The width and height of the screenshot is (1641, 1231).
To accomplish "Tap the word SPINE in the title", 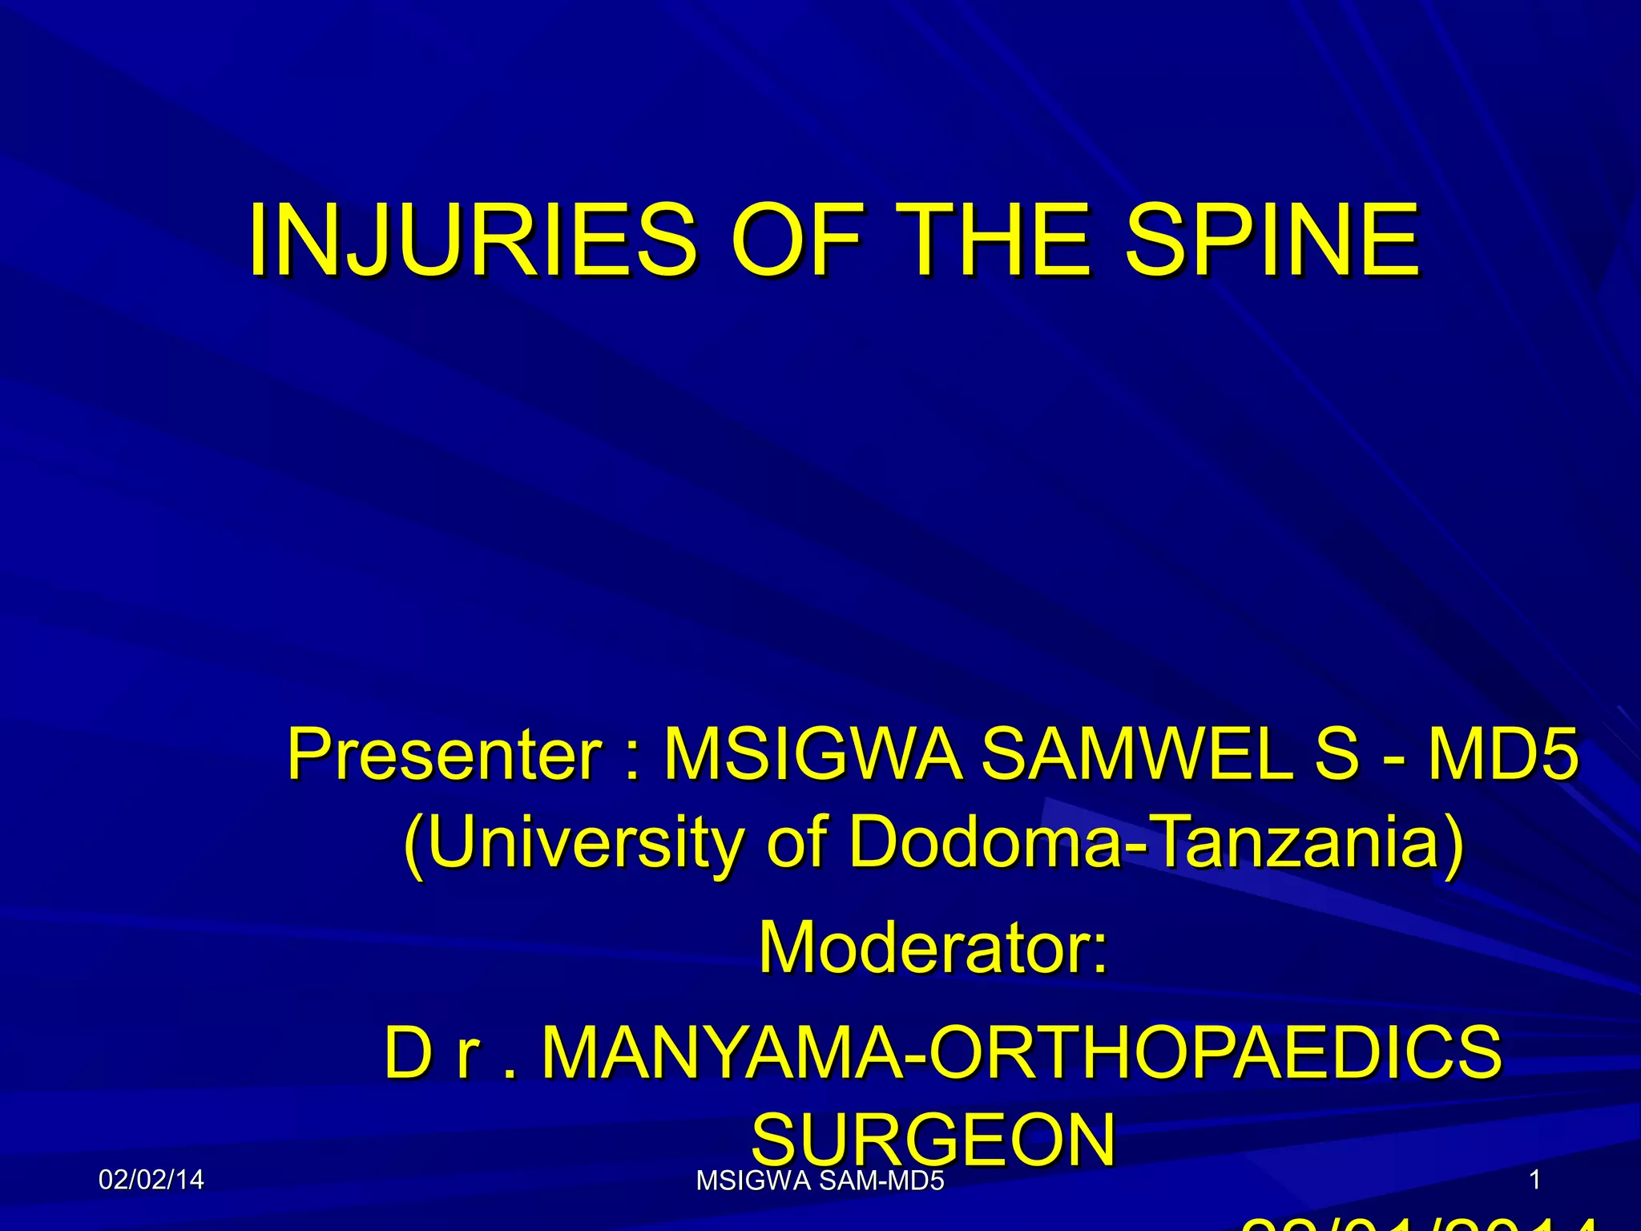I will tap(1272, 240).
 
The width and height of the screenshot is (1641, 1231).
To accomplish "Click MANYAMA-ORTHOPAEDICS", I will tap(1022, 1052).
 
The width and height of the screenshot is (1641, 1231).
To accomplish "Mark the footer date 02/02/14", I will tap(151, 1180).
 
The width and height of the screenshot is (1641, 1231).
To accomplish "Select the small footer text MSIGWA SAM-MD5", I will tap(820, 1181).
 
